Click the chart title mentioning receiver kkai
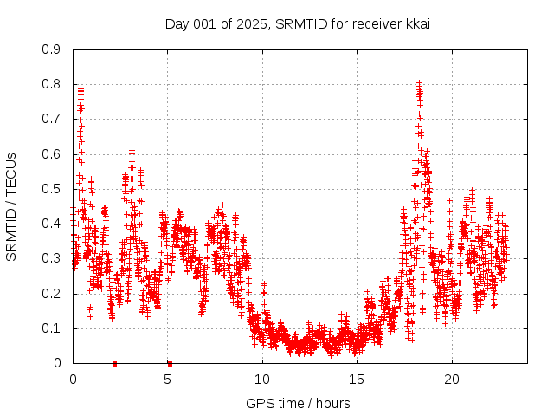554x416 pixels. click(298, 23)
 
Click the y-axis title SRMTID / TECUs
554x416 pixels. click(11, 207)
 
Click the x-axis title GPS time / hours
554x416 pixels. click(298, 403)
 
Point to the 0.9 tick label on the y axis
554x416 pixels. click(52, 49)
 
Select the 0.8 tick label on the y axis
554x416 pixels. click(52, 84)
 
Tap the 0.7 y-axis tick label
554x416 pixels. click(52, 119)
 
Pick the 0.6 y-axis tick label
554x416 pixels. click(52, 154)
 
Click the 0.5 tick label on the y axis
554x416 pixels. click(52, 189)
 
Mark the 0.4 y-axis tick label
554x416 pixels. click(52, 224)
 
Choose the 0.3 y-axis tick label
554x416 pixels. click(52, 258)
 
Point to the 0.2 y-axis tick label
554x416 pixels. click(52, 294)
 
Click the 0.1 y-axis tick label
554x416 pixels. click(52, 328)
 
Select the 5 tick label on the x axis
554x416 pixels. click(168, 380)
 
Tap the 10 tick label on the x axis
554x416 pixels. click(262, 380)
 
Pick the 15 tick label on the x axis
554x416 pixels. click(357, 380)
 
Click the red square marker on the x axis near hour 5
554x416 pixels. click(170, 363)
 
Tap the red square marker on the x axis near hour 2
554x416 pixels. click(115, 363)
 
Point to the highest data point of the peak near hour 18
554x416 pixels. click(419, 83)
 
